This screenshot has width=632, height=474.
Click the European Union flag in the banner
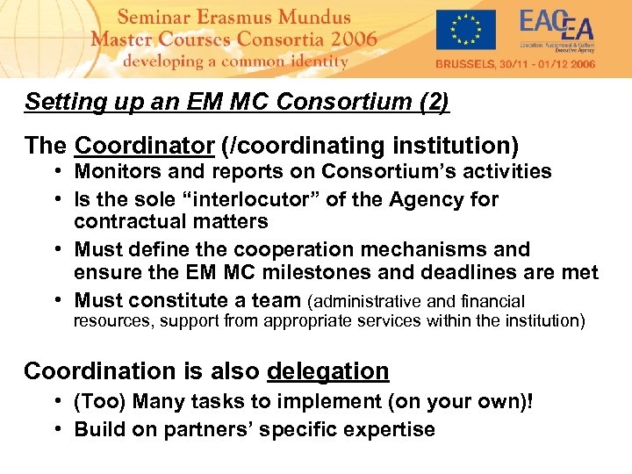(x=465, y=30)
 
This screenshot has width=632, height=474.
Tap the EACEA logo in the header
(x=557, y=32)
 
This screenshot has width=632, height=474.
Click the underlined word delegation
(x=327, y=371)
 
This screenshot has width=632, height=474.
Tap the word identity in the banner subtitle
(x=315, y=61)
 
